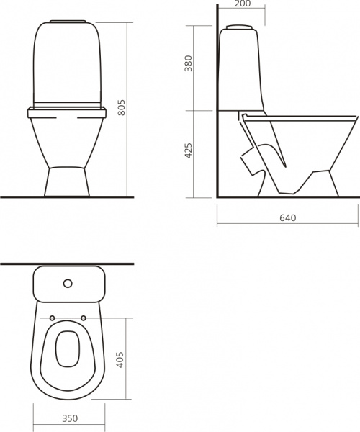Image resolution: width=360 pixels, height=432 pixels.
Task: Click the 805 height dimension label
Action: click(121, 107)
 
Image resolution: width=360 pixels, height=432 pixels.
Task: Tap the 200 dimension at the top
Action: click(243, 4)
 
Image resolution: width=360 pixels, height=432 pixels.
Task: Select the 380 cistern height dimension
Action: click(188, 63)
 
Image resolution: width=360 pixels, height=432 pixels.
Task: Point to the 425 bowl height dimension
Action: click(188, 150)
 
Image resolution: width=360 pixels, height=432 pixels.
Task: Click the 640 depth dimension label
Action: click(288, 218)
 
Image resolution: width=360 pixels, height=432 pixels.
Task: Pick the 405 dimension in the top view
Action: click(120, 359)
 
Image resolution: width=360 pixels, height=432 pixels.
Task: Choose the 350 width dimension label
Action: click(70, 418)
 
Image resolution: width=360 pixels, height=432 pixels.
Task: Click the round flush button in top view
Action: click(68, 283)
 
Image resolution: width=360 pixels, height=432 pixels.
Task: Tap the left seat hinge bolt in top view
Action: click(52, 318)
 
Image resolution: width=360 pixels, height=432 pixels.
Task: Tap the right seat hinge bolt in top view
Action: click(84, 318)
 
